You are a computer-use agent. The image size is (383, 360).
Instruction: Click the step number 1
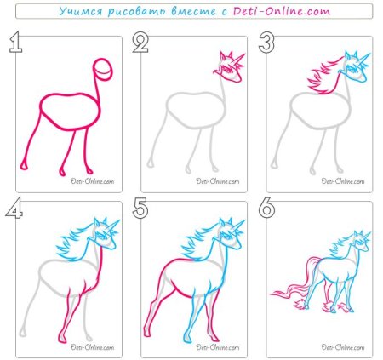click(16, 42)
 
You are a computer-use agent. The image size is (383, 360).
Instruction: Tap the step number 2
click(140, 42)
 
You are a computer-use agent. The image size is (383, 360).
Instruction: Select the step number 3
click(266, 42)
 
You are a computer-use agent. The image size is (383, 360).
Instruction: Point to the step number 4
click(14, 208)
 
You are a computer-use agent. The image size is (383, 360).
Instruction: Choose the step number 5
click(140, 208)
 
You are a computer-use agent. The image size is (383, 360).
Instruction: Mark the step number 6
click(266, 208)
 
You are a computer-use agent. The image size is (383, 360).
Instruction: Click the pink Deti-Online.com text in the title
click(282, 11)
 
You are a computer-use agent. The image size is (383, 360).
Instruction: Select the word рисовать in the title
click(138, 12)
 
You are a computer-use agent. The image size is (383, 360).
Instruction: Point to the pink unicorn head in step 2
click(229, 67)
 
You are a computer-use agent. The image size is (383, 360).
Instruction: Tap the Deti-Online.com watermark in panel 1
click(93, 181)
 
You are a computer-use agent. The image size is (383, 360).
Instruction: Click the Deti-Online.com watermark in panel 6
click(343, 347)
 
